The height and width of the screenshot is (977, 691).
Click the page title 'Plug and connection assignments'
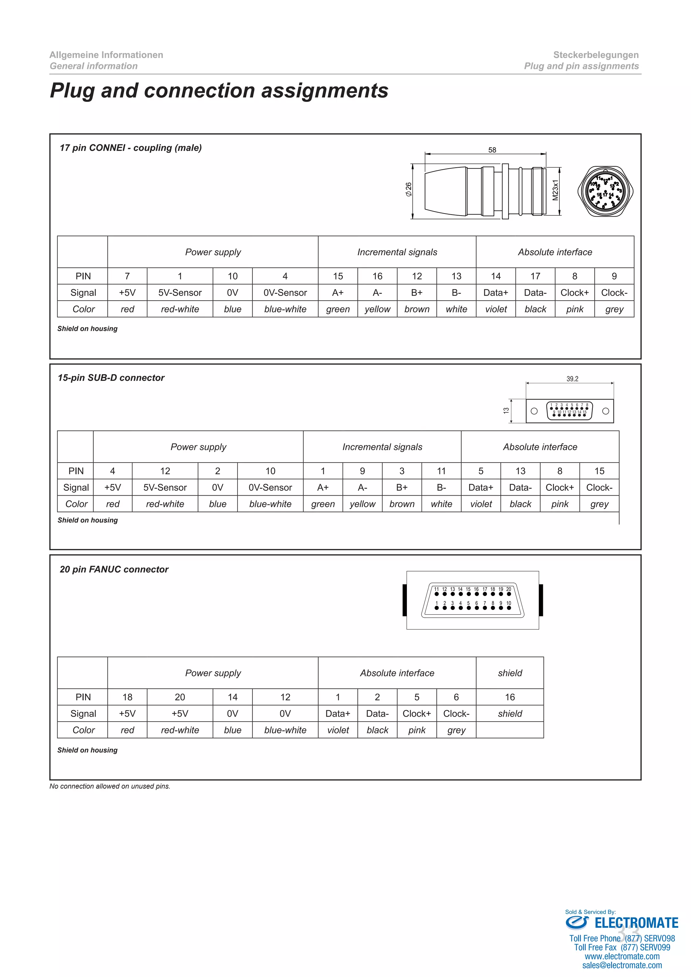pos(219,91)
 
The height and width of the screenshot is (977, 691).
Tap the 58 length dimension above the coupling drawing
pos(492,150)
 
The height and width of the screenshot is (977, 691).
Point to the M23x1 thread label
pos(555,190)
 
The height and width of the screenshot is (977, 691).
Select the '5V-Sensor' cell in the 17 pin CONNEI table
pos(180,293)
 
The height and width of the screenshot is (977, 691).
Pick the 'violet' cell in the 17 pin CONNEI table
pos(496,309)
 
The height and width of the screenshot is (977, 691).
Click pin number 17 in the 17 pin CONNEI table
pos(535,276)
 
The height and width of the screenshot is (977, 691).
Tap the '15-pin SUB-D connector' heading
pos(111,378)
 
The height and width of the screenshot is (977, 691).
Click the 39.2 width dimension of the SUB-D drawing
pos(572,379)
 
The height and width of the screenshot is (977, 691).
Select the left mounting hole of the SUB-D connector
pos(534,411)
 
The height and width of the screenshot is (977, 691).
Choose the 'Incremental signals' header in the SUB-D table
pos(382,447)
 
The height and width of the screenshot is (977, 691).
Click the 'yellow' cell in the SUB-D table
pos(362,504)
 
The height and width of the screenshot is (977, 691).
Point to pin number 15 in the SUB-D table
pos(599,471)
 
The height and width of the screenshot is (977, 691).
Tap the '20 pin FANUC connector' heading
pos(114,569)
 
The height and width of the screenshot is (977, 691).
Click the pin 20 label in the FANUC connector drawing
pos(508,589)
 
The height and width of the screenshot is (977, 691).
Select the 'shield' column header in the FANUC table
pos(510,673)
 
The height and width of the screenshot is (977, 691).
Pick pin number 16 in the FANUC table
pos(510,697)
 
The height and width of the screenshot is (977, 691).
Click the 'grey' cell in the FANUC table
pos(456,730)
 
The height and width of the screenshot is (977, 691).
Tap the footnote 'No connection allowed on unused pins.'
pos(110,786)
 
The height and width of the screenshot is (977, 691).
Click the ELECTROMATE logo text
pos(636,923)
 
